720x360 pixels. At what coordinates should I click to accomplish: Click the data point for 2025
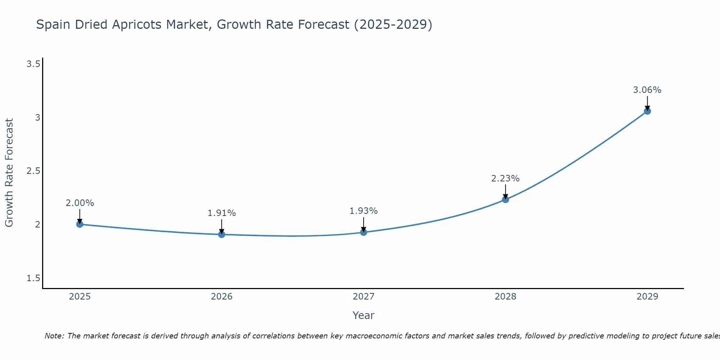[x=80, y=224]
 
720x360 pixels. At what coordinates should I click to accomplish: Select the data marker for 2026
[x=222, y=234]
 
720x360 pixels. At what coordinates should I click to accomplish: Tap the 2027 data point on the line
[x=364, y=232]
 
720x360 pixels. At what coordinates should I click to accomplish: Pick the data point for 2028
[x=505, y=199]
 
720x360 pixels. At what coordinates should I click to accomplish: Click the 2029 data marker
[x=647, y=111]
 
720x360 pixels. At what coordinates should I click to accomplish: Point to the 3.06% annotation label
[x=647, y=90]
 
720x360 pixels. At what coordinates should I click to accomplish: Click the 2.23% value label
[x=505, y=179]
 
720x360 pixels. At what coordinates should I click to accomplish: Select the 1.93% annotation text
[x=364, y=211]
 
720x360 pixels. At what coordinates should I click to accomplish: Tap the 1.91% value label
[x=222, y=213]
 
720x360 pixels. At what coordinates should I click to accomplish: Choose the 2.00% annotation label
[x=80, y=203]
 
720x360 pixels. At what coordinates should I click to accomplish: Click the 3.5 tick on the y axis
[x=33, y=64]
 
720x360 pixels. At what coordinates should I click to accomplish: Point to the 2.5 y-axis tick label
[x=33, y=171]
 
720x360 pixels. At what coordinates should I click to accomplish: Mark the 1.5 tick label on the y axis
[x=33, y=278]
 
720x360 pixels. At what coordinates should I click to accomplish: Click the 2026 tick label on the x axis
[x=222, y=297]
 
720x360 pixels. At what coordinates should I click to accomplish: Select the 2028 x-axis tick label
[x=505, y=297]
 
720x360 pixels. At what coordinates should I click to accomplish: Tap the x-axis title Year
[x=364, y=315]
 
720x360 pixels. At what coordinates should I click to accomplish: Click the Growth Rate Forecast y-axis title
[x=9, y=173]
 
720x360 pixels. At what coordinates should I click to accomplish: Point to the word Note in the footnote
[x=54, y=336]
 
